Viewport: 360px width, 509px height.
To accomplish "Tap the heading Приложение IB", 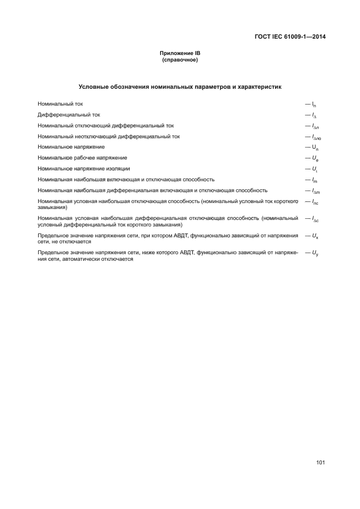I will coord(180,53).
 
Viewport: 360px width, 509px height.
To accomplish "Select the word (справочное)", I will coord(180,60).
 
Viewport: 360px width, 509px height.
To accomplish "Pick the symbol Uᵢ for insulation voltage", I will coord(314,169).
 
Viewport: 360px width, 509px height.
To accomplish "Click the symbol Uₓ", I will coord(315,236).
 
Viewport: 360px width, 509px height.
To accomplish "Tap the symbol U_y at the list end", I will coord(315,253).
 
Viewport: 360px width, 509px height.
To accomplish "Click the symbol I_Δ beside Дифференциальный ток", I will coord(314,115).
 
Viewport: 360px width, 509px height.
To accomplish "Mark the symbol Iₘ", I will coord(314,180).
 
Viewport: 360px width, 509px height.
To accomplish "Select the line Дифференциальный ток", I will coord(69,115).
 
